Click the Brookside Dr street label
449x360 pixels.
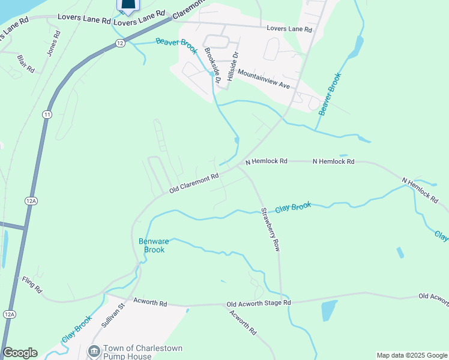pyautogui.click(x=212, y=64)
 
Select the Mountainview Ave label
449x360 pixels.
pyautogui.click(x=264, y=79)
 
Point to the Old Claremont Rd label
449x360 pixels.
pyautogui.click(x=194, y=182)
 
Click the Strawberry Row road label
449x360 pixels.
pyautogui.click(x=270, y=229)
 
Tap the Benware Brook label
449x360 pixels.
pyautogui.click(x=151, y=245)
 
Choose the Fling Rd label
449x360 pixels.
pyautogui.click(x=32, y=284)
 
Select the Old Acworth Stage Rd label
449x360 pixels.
pyautogui.click(x=259, y=304)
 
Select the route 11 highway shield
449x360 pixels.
pyautogui.click(x=47, y=114)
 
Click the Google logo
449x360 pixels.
pyautogui.click(x=20, y=353)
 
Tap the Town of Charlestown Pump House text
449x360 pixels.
pyautogui.click(x=143, y=352)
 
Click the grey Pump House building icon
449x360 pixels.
pyautogui.click(x=94, y=350)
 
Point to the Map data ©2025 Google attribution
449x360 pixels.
pyautogui.click(x=412, y=355)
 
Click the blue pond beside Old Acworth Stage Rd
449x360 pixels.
pyautogui.click(x=329, y=310)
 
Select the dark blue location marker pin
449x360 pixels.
pyautogui.click(x=127, y=6)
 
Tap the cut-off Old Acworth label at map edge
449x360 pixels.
pyautogui.click(x=433, y=296)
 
